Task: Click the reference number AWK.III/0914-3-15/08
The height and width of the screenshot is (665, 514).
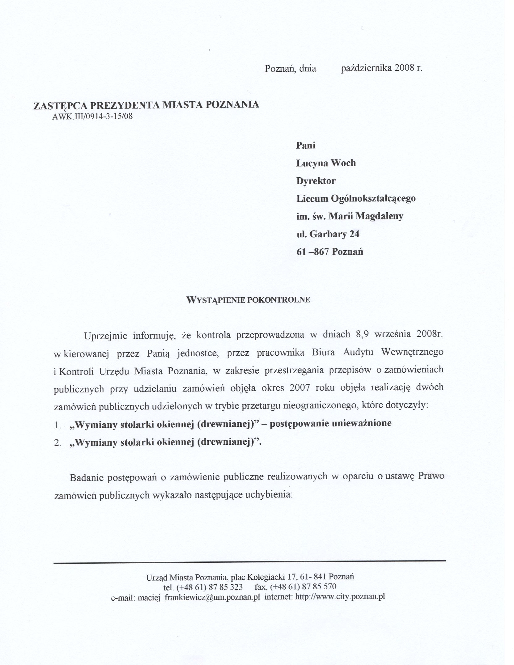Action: click(93, 117)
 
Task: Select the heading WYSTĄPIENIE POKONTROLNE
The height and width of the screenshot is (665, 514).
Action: click(248, 300)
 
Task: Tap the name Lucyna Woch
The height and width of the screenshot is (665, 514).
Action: click(326, 163)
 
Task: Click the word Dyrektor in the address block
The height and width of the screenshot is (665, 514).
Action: click(316, 181)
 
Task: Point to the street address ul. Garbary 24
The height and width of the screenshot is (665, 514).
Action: click(328, 234)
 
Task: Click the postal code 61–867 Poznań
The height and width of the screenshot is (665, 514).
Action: click(330, 252)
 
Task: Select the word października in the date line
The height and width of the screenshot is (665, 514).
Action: click(367, 68)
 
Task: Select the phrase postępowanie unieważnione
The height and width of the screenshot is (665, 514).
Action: click(331, 423)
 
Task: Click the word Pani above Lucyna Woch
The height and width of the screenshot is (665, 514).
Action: click(306, 145)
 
